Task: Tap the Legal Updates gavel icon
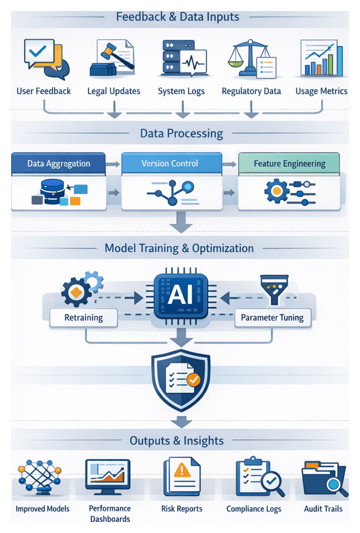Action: [113, 58]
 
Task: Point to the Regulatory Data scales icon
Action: [251, 58]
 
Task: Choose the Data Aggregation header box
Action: [59, 163]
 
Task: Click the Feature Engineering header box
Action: [289, 163]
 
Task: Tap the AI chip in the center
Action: [181, 296]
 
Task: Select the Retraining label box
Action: [83, 318]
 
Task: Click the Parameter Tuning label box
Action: [272, 318]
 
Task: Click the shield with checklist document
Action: [181, 377]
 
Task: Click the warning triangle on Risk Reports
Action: [181, 471]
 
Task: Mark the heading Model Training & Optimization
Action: [179, 248]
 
